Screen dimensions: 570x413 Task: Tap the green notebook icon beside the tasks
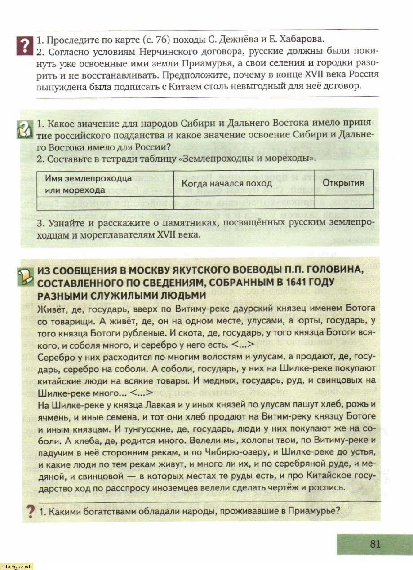(x=23, y=130)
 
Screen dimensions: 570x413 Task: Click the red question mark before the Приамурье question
(x=30, y=512)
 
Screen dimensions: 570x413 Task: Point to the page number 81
(x=375, y=543)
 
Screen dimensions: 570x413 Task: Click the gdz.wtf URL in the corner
(x=17, y=565)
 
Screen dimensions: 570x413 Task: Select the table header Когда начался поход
(x=226, y=183)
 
